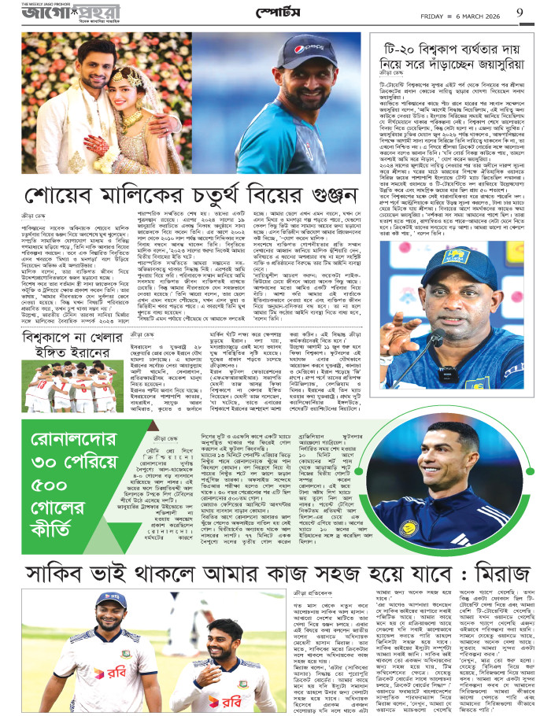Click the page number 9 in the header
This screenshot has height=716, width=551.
point(520,12)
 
